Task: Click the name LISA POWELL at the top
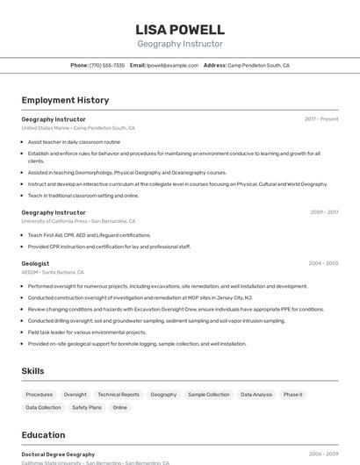(180, 29)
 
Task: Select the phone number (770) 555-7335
(107, 65)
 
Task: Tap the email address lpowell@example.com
(172, 65)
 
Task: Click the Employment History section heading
(65, 100)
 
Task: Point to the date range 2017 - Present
(321, 119)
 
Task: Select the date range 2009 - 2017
(324, 212)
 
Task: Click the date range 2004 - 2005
(323, 263)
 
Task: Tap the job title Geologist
(35, 263)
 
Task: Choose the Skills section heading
(32, 371)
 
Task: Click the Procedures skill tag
(40, 395)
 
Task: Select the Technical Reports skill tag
(119, 395)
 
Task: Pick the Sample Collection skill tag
(208, 395)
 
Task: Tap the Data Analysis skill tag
(256, 395)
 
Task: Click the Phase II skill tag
(292, 395)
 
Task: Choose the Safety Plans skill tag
(87, 407)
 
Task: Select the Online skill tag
(119, 407)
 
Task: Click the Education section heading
(43, 434)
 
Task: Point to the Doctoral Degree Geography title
(58, 454)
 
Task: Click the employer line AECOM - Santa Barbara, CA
(53, 273)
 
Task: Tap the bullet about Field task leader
(87, 333)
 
